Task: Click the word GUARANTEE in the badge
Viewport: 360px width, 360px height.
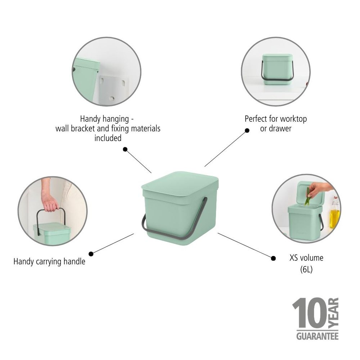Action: (x=317, y=336)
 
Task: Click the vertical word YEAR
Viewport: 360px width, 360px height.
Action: (x=334, y=313)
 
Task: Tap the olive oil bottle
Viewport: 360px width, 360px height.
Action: (x=335, y=212)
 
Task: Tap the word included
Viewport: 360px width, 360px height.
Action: (x=108, y=138)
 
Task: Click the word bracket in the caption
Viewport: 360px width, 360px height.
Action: (x=83, y=129)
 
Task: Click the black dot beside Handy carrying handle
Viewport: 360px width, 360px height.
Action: (x=91, y=254)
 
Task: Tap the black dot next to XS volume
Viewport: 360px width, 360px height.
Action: (x=273, y=258)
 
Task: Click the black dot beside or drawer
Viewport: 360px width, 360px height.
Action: (x=247, y=130)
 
